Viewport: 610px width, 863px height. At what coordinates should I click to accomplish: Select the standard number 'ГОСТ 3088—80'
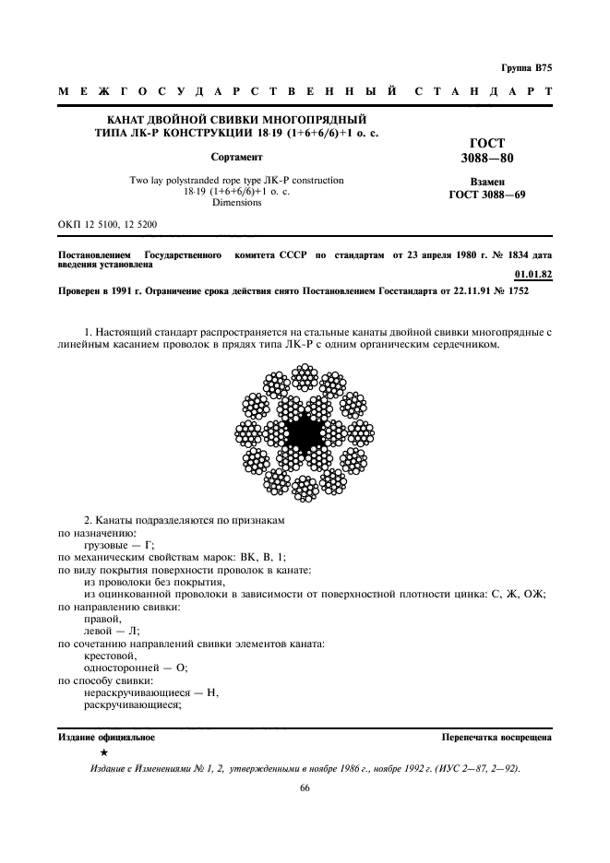point(486,151)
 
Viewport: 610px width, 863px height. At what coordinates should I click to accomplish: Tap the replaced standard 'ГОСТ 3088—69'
point(486,195)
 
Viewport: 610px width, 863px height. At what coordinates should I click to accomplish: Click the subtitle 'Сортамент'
point(236,157)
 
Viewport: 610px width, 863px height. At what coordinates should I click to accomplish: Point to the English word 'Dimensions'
point(236,202)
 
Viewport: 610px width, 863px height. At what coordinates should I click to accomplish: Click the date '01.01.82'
point(531,273)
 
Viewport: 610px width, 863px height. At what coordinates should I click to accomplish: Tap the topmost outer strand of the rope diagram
point(305,378)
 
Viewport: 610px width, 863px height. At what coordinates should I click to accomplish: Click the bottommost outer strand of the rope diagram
point(305,487)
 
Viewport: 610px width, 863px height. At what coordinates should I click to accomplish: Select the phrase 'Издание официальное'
point(106,738)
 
